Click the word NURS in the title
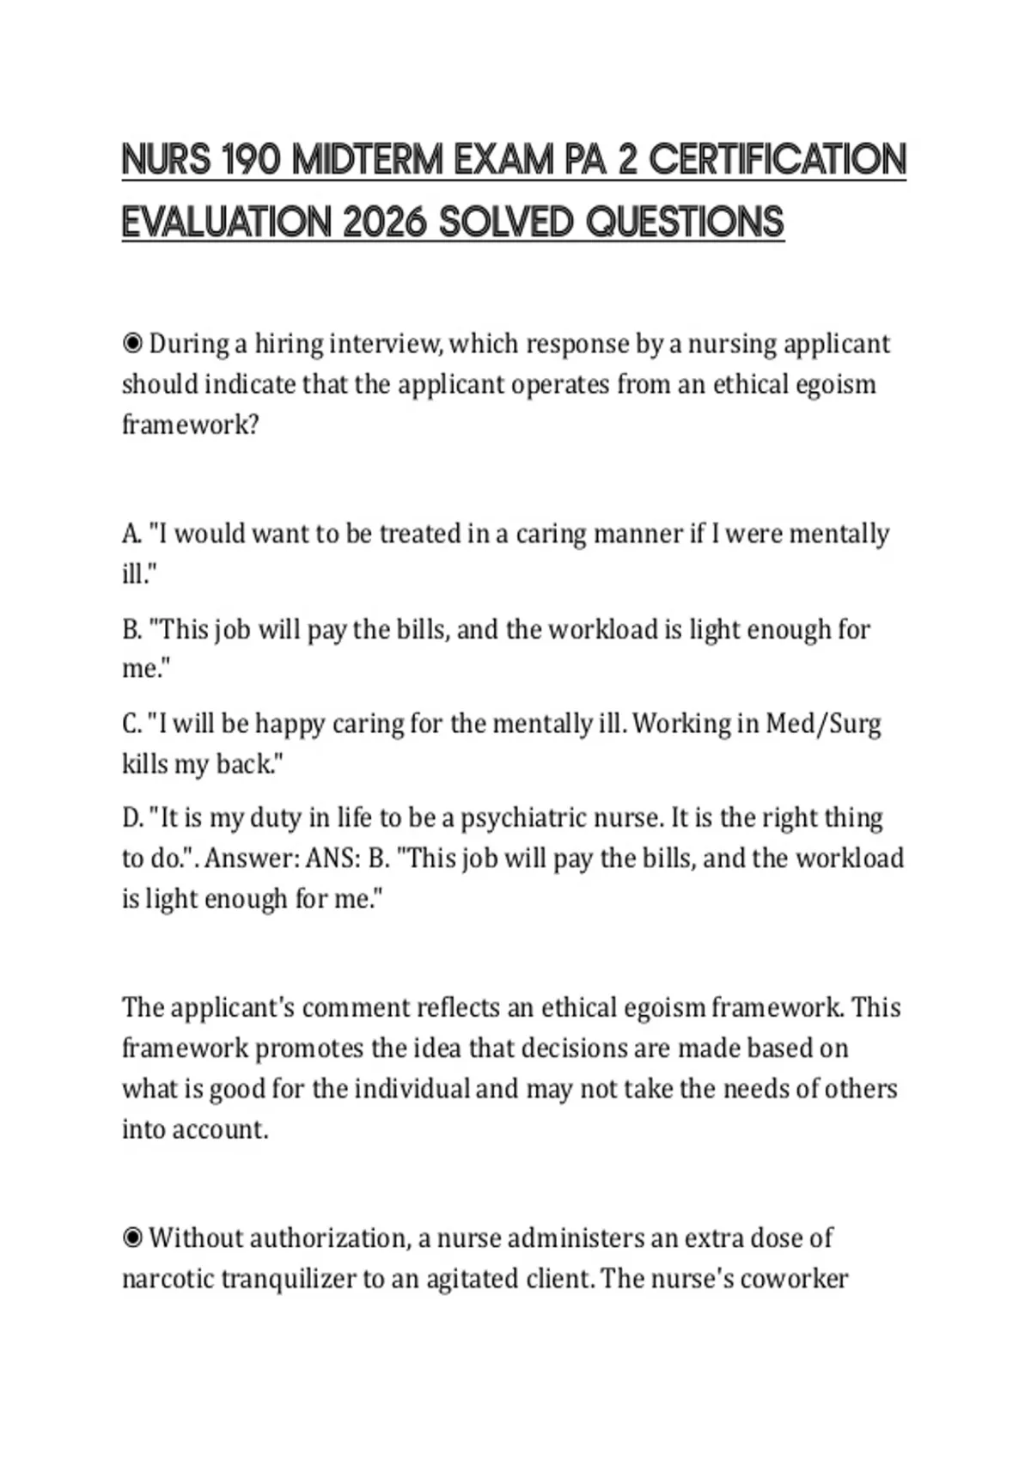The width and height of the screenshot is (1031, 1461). coord(166,160)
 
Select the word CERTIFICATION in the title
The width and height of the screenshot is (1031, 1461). coord(778,160)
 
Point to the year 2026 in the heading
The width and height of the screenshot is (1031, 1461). coord(384,223)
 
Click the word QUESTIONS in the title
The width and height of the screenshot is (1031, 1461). coord(685,223)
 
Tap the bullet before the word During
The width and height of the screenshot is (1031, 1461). coord(132,345)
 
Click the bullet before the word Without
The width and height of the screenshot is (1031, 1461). coord(132,1238)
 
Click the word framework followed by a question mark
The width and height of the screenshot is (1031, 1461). coord(189,425)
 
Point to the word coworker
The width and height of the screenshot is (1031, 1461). coord(794,1279)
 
